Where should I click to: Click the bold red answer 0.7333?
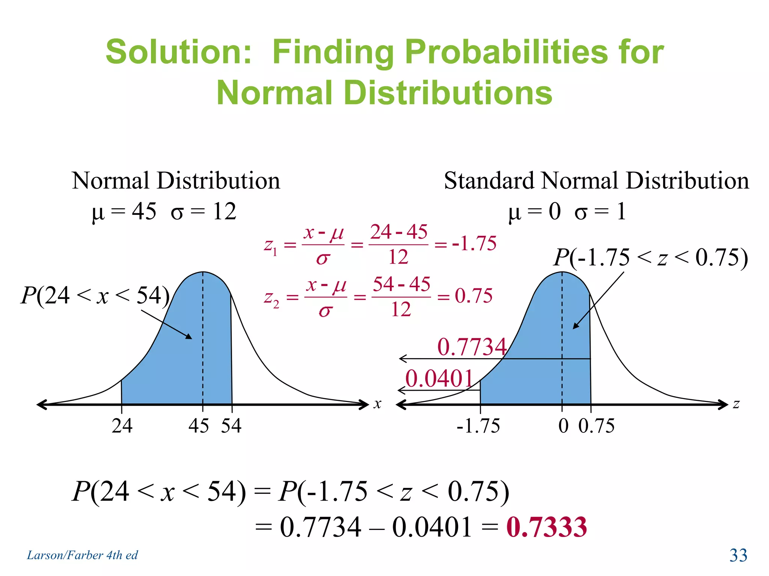tap(546, 527)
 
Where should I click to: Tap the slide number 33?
tap(738, 555)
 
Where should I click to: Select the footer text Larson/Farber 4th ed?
tap(82, 555)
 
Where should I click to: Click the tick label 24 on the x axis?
tap(122, 426)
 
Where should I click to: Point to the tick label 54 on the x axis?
tap(231, 426)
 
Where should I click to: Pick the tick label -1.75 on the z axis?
tap(478, 426)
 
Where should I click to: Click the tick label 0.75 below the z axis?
tap(596, 426)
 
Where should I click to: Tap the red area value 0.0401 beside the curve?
tap(439, 378)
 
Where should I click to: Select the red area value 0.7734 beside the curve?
tap(472, 346)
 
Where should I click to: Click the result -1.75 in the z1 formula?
tap(474, 243)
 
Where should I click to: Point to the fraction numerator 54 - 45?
tap(401, 284)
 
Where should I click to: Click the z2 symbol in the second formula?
tap(271, 298)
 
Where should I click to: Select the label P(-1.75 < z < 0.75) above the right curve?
tap(651, 258)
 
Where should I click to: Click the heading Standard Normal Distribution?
tap(596, 181)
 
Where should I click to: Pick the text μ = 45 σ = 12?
tap(164, 211)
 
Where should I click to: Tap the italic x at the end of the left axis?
tap(377, 404)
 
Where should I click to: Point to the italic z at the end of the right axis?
tap(736, 404)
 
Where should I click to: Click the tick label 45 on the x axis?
tap(199, 426)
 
